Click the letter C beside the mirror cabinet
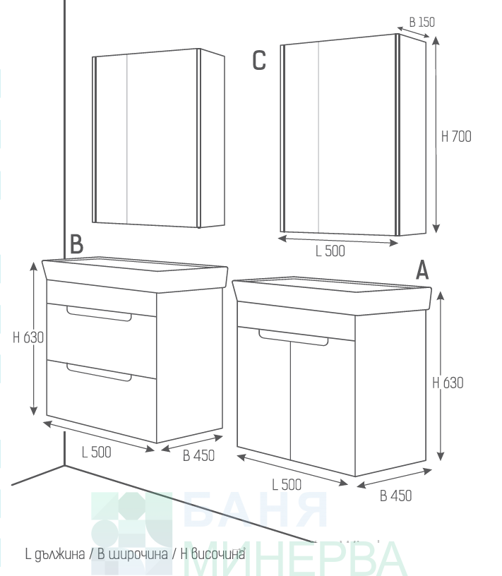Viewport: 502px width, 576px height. point(259,60)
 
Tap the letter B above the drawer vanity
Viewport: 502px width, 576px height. point(76,244)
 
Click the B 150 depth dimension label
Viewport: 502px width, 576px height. point(422,22)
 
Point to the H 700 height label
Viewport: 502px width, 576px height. point(456,137)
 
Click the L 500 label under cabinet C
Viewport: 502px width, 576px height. point(330,251)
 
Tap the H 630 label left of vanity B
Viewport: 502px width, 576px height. point(28,337)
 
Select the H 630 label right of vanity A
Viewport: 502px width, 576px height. point(448,383)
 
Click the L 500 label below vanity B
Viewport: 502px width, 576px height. point(96,452)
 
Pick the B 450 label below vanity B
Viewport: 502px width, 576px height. point(199,456)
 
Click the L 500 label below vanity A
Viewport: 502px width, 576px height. point(287,484)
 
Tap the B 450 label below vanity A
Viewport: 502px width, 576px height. point(396,496)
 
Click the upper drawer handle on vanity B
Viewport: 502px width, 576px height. point(99,313)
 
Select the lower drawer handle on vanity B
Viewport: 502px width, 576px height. point(99,372)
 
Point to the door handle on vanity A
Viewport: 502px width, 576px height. point(293,337)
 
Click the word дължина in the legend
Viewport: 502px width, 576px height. point(59,554)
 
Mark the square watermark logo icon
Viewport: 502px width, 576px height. point(131,533)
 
